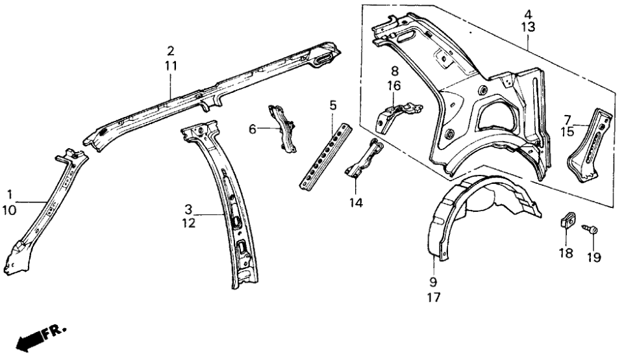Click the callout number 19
click(593, 257)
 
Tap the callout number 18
click(566, 253)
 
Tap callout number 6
click(253, 129)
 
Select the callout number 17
click(434, 298)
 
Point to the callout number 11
click(170, 66)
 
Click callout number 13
click(528, 28)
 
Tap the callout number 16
click(394, 85)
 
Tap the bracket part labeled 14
click(364, 159)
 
